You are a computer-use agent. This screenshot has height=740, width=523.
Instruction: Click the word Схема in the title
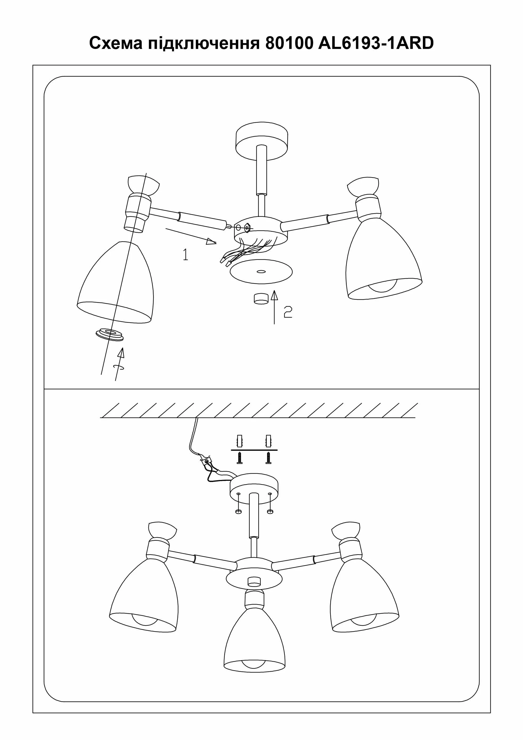pyautogui.click(x=116, y=43)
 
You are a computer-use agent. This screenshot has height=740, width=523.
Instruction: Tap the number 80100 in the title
pyautogui.click(x=289, y=43)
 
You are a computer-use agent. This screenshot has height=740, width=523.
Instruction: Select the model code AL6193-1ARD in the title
pyautogui.click(x=376, y=43)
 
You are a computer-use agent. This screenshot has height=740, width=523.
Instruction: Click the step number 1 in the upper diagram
pyautogui.click(x=186, y=254)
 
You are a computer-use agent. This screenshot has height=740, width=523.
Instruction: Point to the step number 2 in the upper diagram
pyautogui.click(x=288, y=312)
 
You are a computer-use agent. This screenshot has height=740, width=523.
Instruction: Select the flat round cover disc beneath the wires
pyautogui.click(x=261, y=271)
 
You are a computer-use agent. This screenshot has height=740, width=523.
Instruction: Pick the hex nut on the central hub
pyautogui.click(x=247, y=227)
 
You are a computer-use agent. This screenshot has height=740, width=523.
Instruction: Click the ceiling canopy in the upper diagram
pyautogui.click(x=262, y=141)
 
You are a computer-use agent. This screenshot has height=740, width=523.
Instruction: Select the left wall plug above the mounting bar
pyautogui.click(x=239, y=441)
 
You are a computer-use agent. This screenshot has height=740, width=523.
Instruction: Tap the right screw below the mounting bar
pyautogui.click(x=268, y=458)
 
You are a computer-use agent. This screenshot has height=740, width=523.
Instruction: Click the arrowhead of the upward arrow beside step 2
pyautogui.click(x=274, y=295)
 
